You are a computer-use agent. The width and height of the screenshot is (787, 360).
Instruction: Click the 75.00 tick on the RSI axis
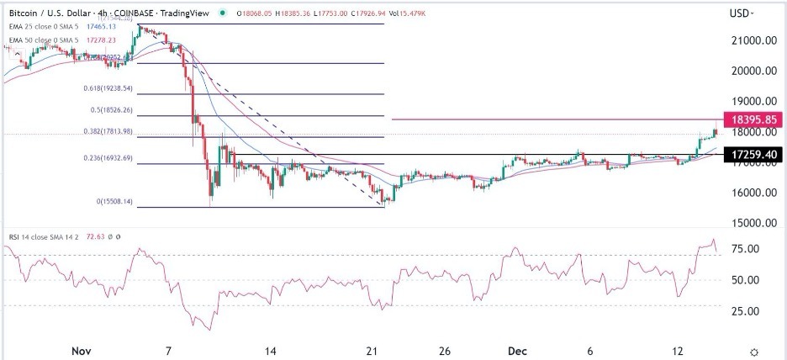[743, 249]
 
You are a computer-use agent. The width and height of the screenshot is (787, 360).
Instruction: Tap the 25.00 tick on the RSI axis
[743, 311]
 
